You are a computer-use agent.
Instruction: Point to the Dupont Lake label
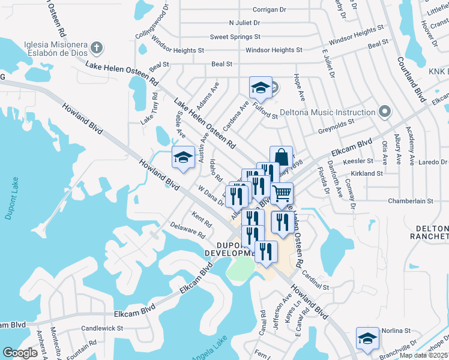click(9, 198)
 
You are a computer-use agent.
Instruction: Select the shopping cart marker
click(282, 193)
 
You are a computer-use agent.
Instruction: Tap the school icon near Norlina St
click(367, 338)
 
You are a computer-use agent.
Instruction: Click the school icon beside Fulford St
click(261, 88)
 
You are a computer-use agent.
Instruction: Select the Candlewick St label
click(102, 328)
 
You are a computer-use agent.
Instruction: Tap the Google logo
click(20, 352)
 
